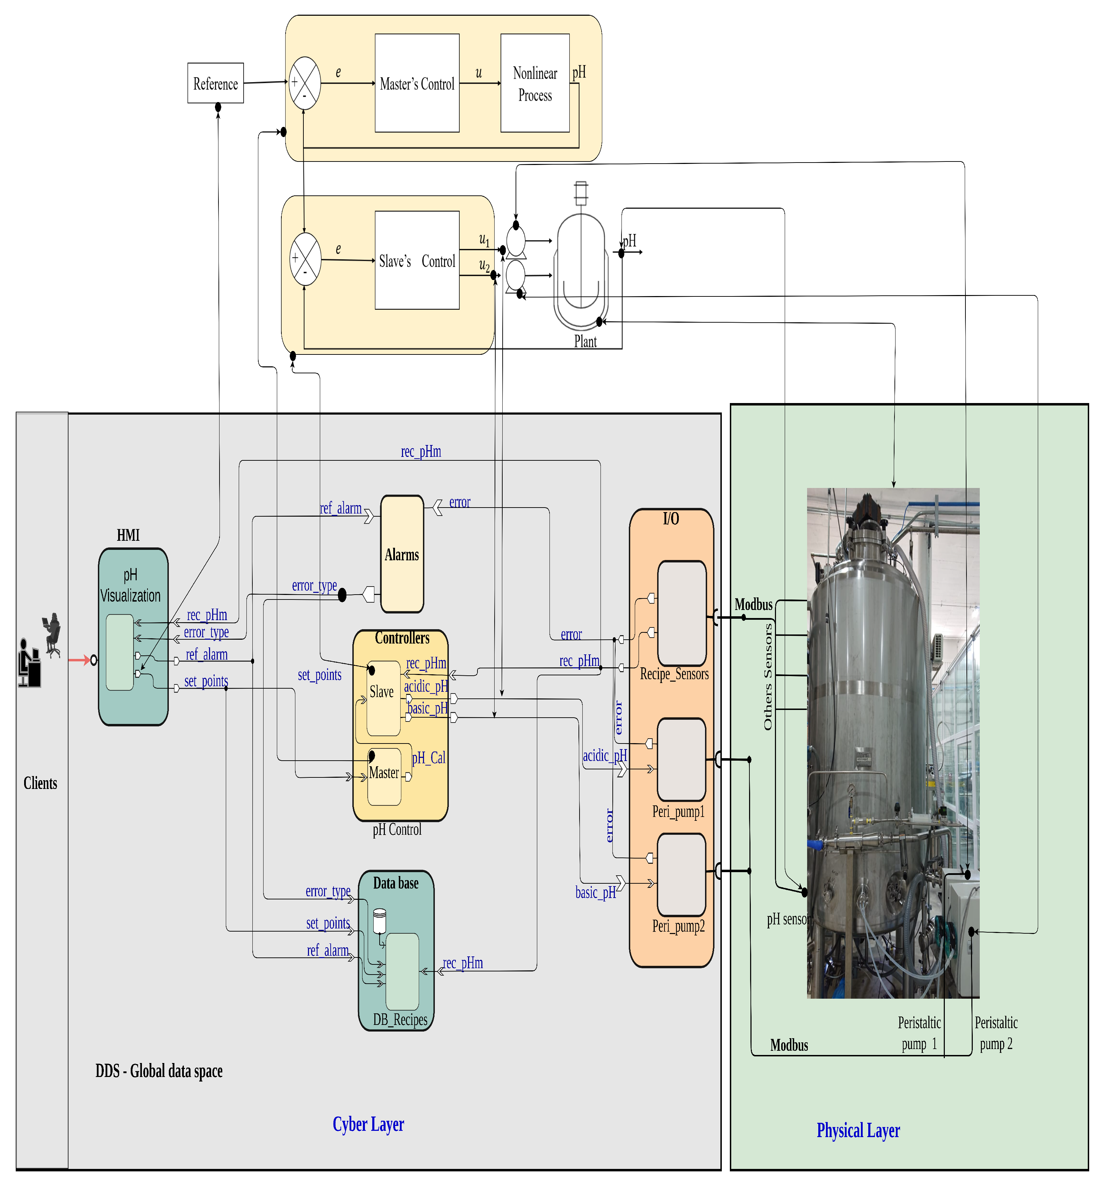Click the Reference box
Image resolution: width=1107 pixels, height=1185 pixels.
point(215,84)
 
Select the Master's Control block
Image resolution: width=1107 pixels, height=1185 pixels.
point(417,84)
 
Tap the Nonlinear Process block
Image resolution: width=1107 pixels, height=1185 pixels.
point(535,84)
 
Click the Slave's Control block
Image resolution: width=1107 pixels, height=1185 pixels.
point(417,260)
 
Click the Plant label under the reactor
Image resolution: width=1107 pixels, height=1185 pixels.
point(585,342)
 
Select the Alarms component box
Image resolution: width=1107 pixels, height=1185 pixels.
point(402,554)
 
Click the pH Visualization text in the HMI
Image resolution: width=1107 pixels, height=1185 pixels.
point(130,586)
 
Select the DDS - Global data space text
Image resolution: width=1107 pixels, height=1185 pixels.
point(159,1071)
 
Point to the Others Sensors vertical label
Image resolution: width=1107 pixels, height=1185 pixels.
point(768,676)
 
